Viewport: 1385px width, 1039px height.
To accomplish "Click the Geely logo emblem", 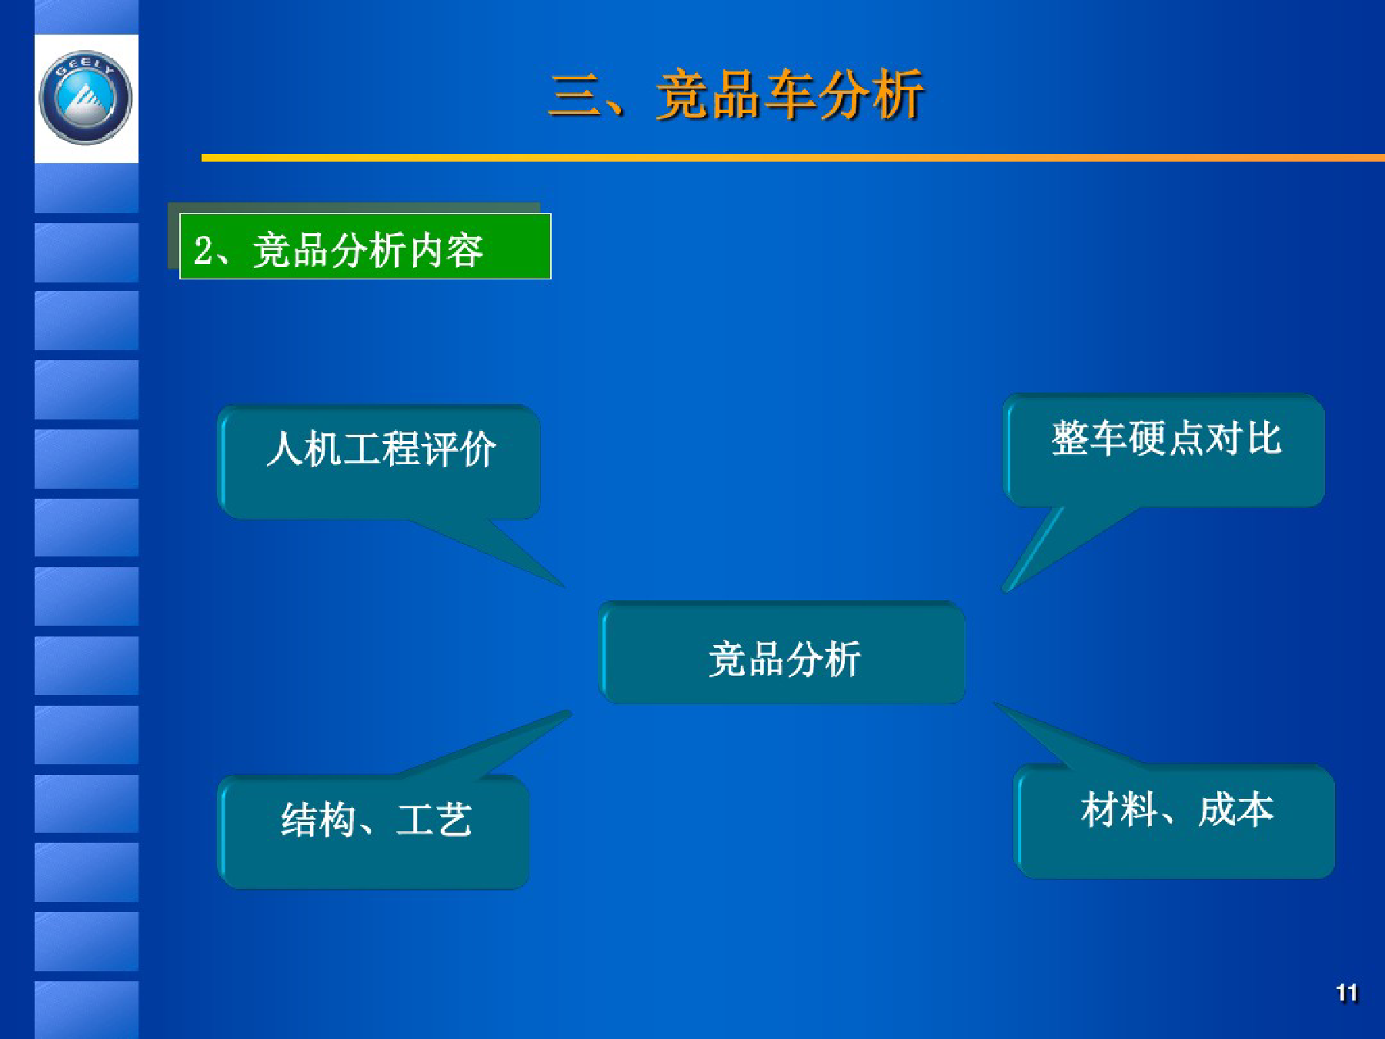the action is click(85, 98).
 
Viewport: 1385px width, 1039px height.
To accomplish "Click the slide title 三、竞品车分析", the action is click(736, 95).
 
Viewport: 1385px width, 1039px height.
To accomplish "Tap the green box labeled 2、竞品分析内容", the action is click(365, 246).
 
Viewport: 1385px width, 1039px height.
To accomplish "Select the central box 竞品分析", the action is click(783, 653).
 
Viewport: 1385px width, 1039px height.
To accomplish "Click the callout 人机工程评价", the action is click(379, 462).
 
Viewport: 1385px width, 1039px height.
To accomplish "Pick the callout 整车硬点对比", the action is click(1164, 450).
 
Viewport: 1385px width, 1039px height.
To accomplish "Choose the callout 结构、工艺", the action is click(374, 832).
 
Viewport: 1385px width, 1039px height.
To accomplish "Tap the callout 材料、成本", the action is click(1175, 821).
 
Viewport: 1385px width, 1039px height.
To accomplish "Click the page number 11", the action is click(1347, 993).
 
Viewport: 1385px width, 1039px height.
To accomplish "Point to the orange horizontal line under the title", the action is click(793, 158).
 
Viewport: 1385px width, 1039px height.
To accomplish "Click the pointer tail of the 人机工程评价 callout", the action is click(566, 588).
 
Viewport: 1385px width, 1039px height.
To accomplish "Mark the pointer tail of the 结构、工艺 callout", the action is click(570, 713).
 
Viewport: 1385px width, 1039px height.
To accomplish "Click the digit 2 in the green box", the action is click(203, 251).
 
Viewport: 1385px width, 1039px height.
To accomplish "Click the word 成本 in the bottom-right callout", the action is click(1236, 810).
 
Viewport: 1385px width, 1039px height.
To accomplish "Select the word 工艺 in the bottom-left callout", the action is click(434, 820).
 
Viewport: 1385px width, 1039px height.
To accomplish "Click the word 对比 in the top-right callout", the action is click(1243, 439).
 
